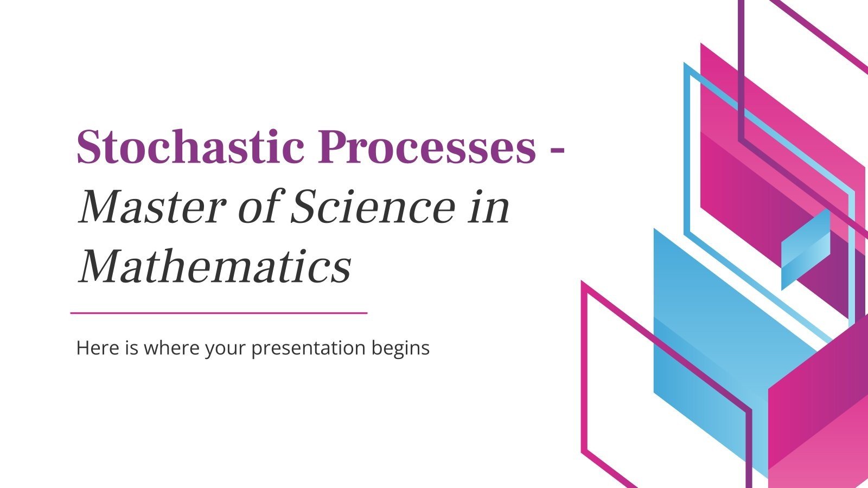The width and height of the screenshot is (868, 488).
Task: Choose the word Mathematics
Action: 215,267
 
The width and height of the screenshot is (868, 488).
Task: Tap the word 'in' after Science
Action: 489,208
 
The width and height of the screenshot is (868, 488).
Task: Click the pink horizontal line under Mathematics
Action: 219,313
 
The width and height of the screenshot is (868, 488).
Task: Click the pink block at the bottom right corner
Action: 819,423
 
